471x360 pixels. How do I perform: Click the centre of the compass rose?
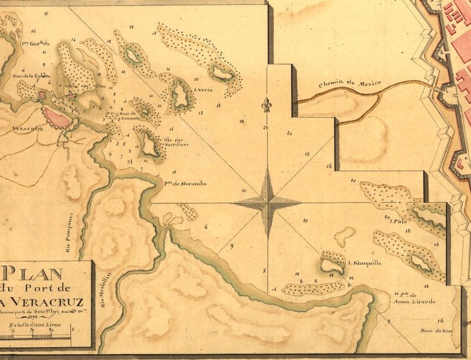click(268, 203)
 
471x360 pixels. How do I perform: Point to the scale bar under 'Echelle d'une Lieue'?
click(37, 337)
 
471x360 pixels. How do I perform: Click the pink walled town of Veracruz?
click(58, 117)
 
